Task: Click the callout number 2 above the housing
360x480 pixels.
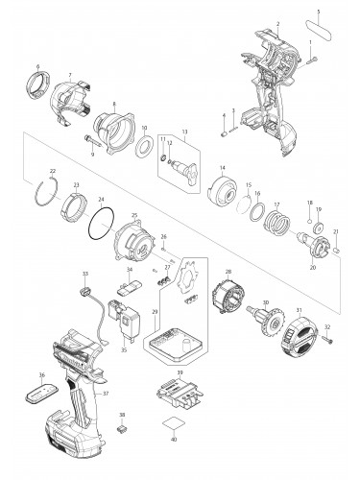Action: (276, 22)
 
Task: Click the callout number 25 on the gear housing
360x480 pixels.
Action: (134, 217)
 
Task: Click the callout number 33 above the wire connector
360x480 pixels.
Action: (85, 275)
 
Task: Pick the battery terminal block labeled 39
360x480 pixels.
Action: (179, 396)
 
